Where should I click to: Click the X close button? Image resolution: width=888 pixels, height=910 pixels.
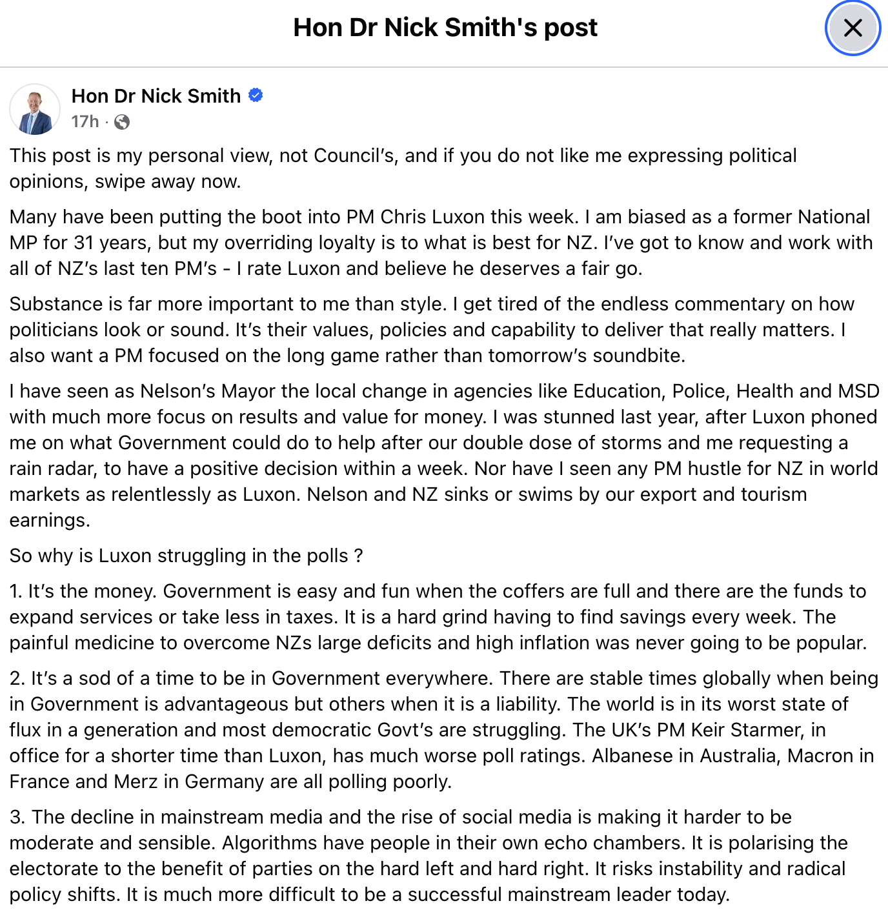coord(853,28)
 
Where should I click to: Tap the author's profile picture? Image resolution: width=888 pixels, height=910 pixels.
coord(35,109)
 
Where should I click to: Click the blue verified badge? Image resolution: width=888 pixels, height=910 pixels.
coord(256,96)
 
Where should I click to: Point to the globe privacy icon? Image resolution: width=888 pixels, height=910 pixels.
coord(122,122)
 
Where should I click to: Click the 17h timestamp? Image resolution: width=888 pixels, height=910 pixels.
coord(85,121)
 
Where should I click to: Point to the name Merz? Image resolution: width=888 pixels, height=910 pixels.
coord(136,782)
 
